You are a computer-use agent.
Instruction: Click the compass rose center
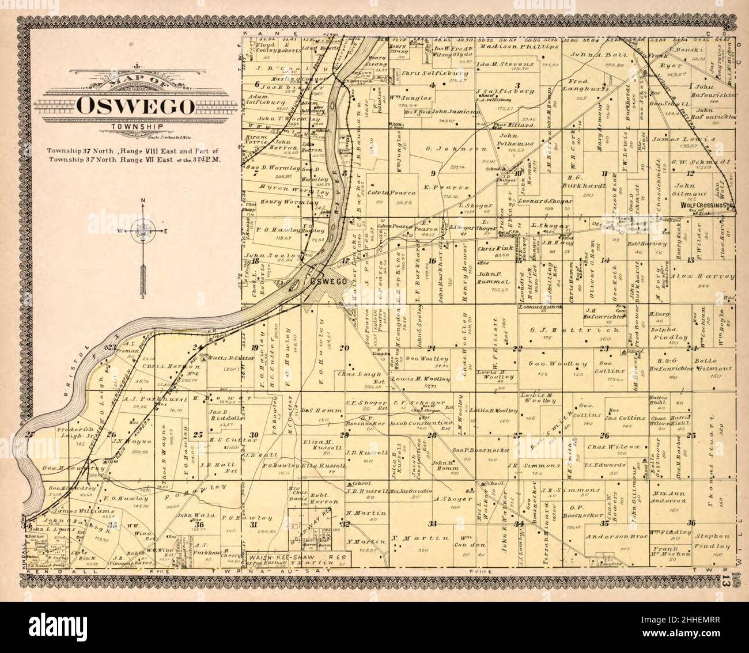pos(141,232)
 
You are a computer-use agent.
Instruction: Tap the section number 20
pos(345,347)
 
